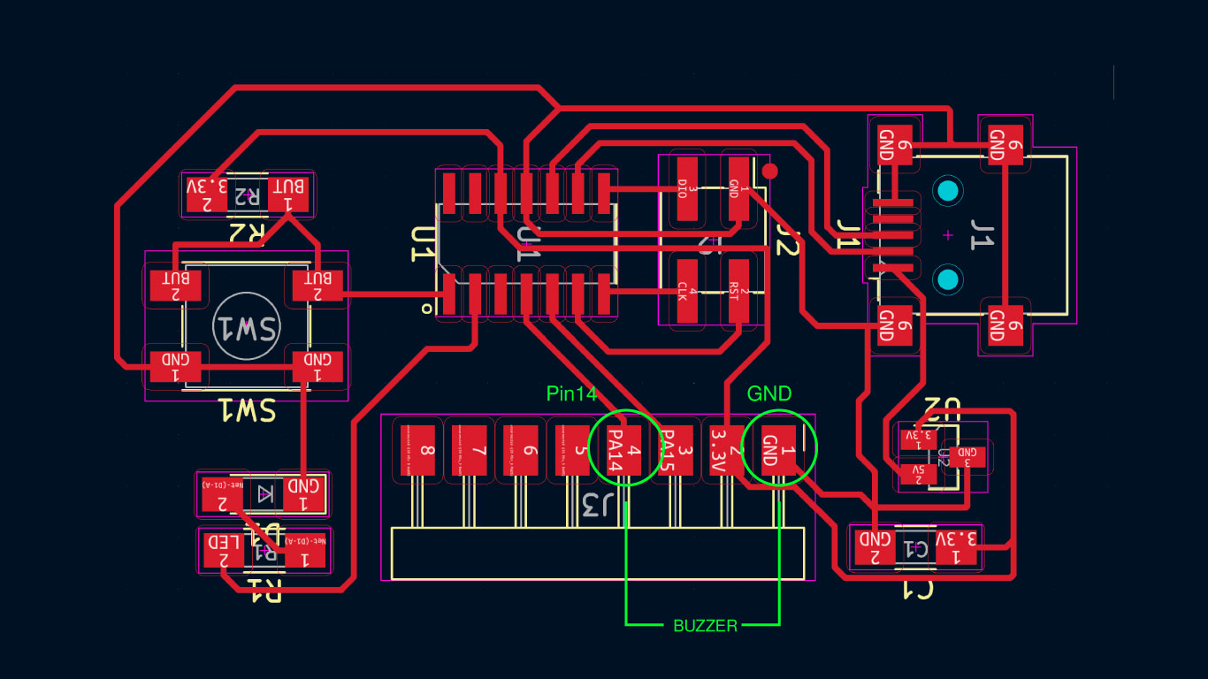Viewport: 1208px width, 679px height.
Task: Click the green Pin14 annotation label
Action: click(x=571, y=394)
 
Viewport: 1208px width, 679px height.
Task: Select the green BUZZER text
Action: click(x=705, y=626)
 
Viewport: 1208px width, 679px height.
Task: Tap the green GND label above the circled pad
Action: click(x=769, y=393)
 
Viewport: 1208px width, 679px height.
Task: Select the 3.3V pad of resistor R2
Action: click(x=208, y=194)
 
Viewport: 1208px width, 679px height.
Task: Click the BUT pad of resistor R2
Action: click(x=288, y=194)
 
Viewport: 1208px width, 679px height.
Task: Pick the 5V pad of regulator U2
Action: click(x=913, y=474)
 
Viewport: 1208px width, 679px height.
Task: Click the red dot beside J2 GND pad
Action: click(x=769, y=171)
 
